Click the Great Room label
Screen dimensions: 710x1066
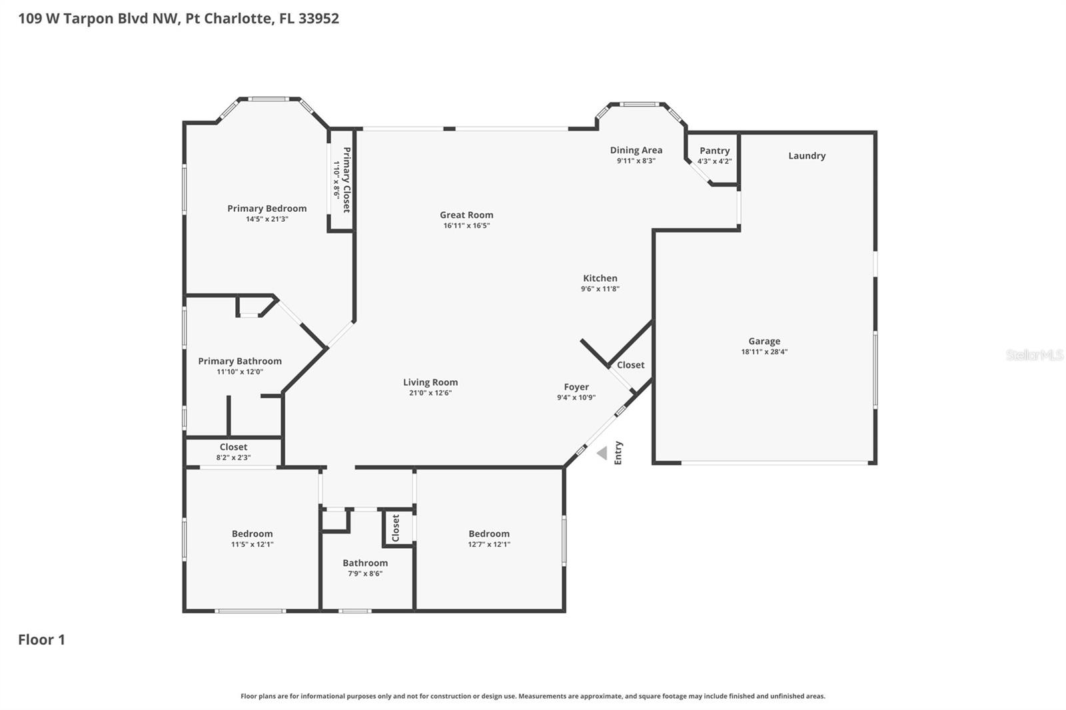[466, 214]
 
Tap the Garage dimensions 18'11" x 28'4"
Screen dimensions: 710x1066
[764, 352]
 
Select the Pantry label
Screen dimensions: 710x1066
[714, 151]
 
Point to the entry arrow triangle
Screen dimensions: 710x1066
[602, 454]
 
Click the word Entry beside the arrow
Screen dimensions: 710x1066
[618, 453]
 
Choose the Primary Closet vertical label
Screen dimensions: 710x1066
[346, 180]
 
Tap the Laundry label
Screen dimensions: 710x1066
[806, 155]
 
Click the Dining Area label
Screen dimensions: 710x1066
[636, 150]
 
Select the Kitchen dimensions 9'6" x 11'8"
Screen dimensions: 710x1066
[600, 289]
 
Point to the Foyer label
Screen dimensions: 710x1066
[576, 386]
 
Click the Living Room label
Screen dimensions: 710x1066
[430, 382]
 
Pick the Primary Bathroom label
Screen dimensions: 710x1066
[239, 361]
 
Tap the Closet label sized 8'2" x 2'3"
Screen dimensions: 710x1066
[233, 447]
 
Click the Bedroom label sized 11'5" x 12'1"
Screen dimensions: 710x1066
[252, 533]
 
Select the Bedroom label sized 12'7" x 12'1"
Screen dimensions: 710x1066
[488, 533]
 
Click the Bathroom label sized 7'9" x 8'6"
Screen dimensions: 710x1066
[364, 563]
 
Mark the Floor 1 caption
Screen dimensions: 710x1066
[41, 639]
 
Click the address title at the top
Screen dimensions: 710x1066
[178, 18]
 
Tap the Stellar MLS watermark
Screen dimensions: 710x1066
[1034, 355]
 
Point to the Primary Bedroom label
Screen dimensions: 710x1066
[266, 208]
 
